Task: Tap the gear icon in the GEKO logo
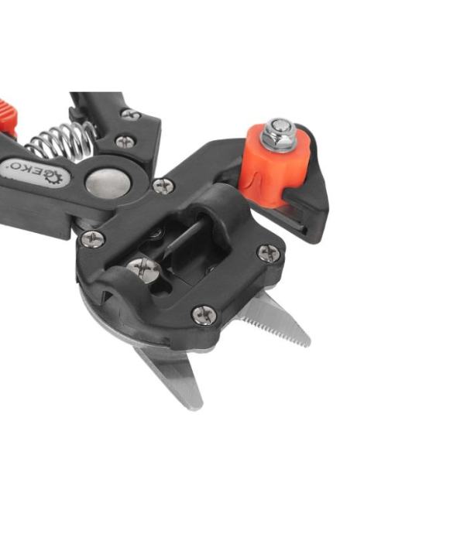[54, 176]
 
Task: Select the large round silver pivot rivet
[108, 184]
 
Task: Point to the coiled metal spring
[63, 142]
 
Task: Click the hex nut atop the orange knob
[279, 135]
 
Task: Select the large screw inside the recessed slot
[144, 270]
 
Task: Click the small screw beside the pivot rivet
[163, 187]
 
